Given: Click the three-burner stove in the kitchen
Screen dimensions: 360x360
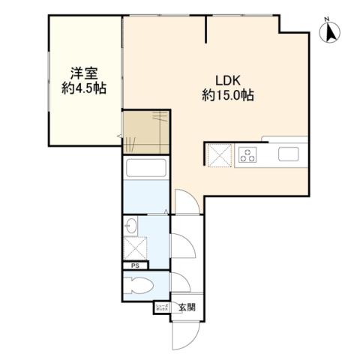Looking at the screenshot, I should point(247,155).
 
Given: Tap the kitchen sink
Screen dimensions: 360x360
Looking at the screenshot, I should point(289,154).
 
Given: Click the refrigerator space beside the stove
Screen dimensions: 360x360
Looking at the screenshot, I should point(218,155).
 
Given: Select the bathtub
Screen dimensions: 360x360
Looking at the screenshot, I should point(145,168).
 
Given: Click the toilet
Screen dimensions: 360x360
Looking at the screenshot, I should point(140,285).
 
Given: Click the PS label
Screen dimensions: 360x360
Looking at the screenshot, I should point(135,265).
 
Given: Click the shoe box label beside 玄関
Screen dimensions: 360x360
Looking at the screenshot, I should point(162,307).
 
